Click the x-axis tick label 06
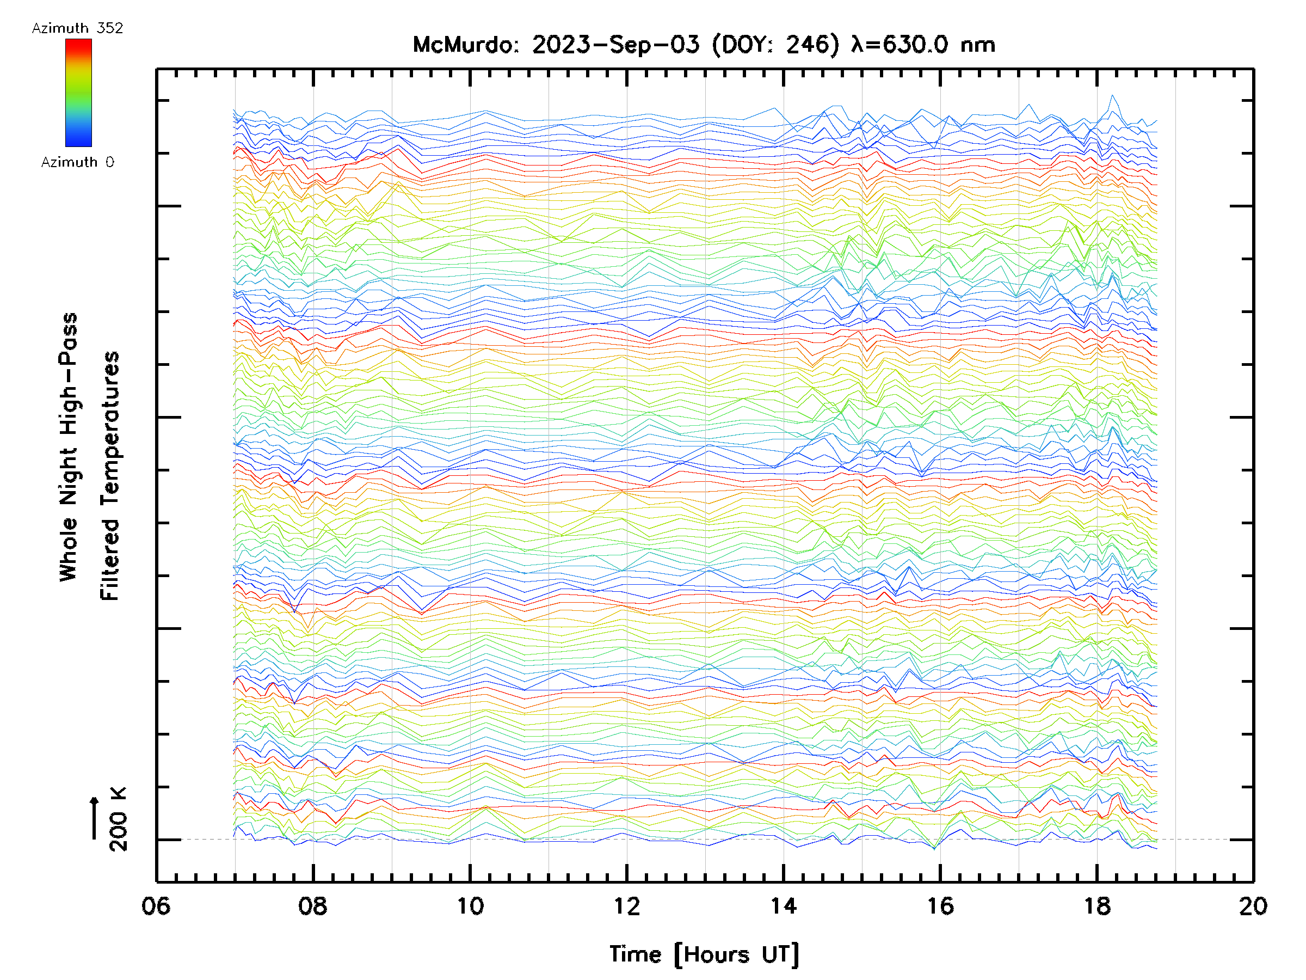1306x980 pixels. [156, 905]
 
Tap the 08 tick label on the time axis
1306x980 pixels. [313, 905]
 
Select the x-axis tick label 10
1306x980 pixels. [470, 905]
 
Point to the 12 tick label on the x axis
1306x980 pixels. [626, 905]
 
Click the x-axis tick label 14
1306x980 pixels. [784, 905]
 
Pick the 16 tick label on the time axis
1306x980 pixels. [940, 905]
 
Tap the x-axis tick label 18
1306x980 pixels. [1097, 905]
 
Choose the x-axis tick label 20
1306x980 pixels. [1253, 905]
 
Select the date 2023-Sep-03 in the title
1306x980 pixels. [616, 45]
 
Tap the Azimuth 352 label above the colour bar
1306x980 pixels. [77, 28]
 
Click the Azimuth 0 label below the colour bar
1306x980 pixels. [77, 162]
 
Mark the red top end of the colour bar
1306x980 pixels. [78, 44]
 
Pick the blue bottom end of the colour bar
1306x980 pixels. [78, 142]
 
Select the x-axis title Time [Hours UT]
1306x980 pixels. [704, 954]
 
